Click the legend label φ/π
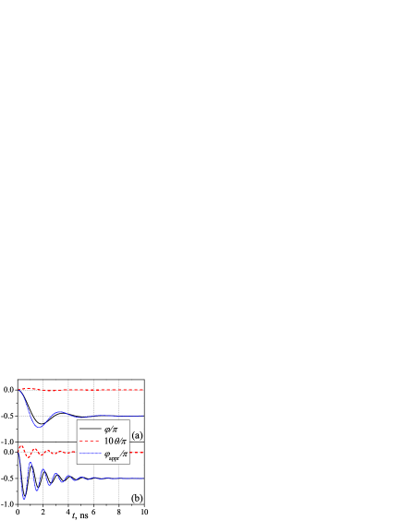point(111,429)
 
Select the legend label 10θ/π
point(115,442)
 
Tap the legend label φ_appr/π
point(116,454)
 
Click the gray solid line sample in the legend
point(91,429)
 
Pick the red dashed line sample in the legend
point(91,442)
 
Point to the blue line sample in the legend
point(91,454)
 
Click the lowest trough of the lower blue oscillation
point(24,499)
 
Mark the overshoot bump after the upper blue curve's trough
point(60,412)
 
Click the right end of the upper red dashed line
point(143,390)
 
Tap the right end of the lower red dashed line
point(143,453)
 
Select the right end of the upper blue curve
point(143,416)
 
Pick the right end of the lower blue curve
point(143,479)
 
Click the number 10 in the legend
point(108,442)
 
